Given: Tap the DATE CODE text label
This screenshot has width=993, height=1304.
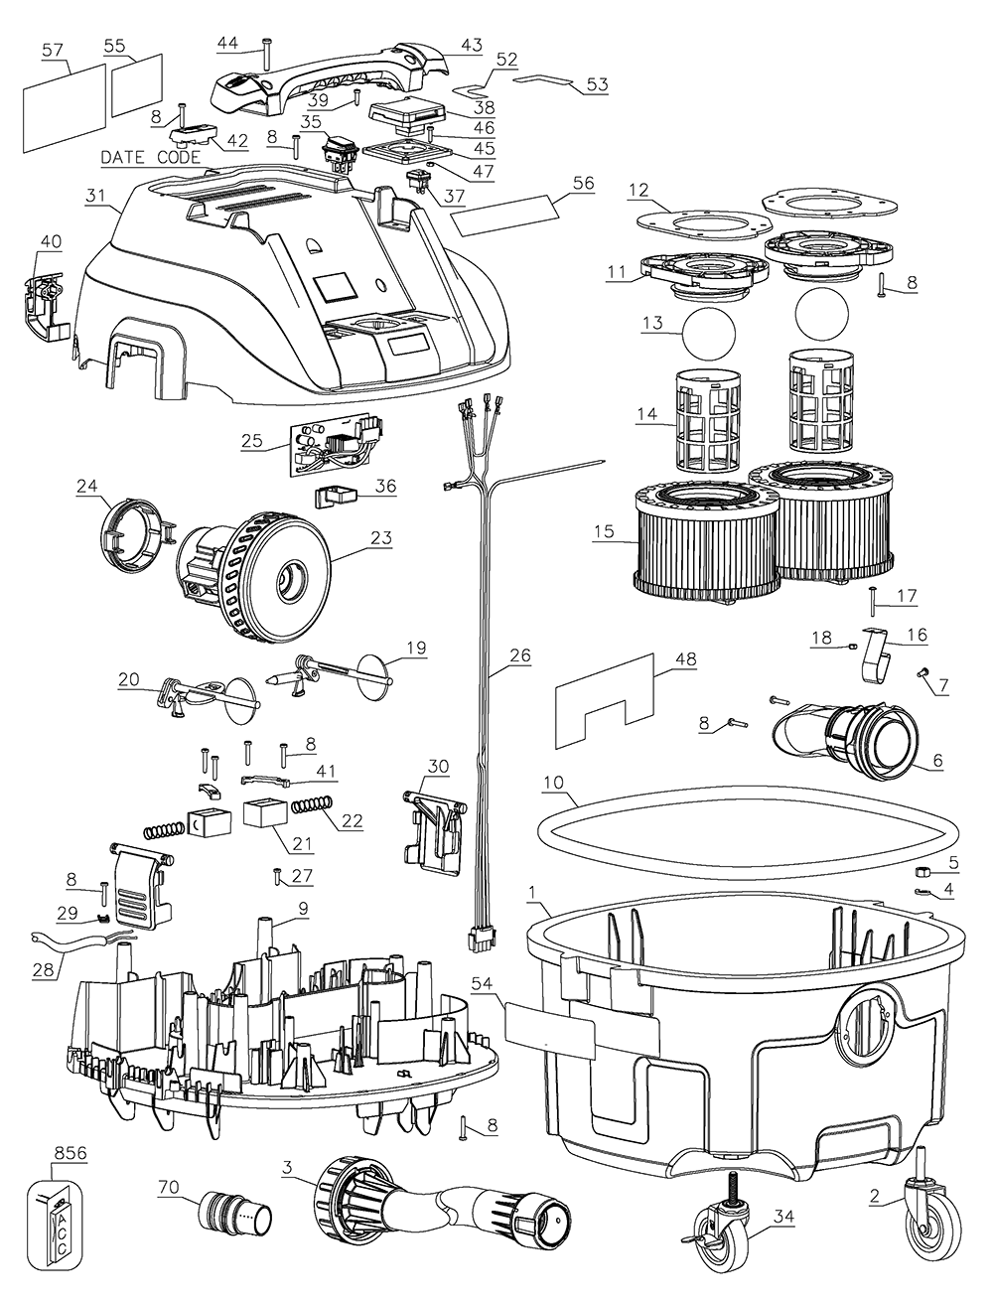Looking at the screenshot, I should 151,158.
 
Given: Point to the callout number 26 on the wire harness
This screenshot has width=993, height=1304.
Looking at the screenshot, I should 520,655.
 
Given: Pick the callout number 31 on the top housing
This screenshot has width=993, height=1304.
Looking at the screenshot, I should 95,196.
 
